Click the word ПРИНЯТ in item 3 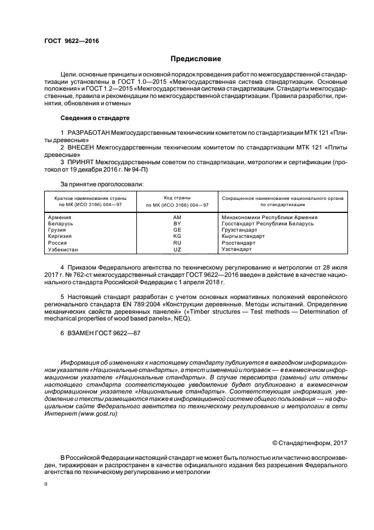click(81, 162)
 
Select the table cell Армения click(59, 217)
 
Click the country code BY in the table click(177, 224)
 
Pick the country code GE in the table click(177, 230)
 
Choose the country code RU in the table click(177, 242)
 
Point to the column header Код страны click(177, 198)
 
